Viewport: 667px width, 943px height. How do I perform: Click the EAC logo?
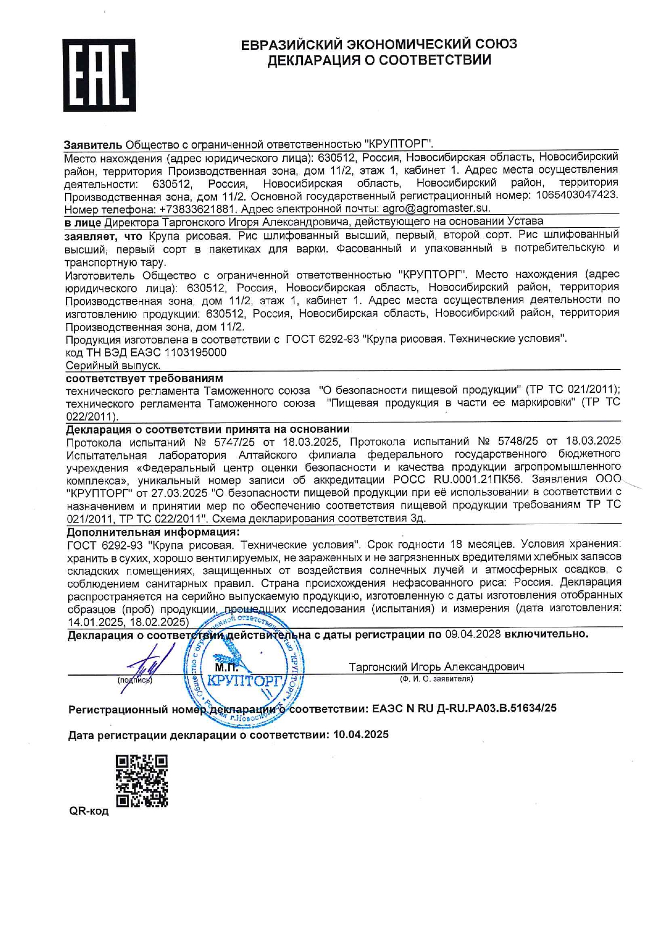[99, 75]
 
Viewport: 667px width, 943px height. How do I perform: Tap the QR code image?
[142, 781]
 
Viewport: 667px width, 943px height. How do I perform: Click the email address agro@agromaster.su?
[436, 208]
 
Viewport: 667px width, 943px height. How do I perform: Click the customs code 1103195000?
[195, 352]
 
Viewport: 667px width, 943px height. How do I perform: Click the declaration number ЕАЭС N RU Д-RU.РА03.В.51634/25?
[464, 708]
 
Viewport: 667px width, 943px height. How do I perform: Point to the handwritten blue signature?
[153, 667]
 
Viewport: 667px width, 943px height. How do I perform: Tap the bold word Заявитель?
[93, 145]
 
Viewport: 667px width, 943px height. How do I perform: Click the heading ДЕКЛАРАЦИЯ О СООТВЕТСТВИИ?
[379, 60]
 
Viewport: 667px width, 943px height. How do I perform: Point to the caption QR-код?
[89, 811]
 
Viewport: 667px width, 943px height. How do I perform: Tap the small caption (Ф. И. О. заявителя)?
[436, 679]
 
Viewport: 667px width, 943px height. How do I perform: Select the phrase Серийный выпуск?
[113, 365]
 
